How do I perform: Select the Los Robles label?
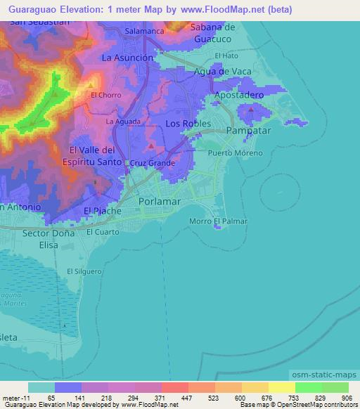tap(188, 123)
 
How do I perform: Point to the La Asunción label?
tap(127, 58)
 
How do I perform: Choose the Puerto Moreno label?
tap(235, 153)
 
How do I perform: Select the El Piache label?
tap(103, 211)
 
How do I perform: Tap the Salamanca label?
tap(144, 32)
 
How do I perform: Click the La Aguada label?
tap(120, 122)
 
